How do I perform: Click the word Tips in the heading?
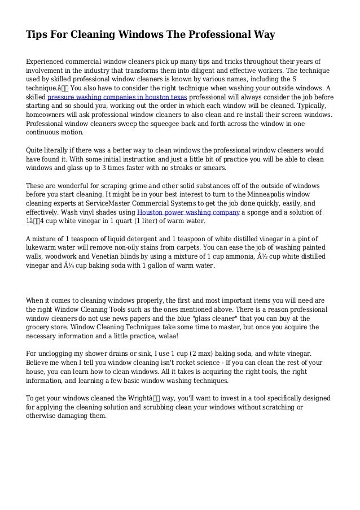click(x=37, y=35)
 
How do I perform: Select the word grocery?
click(x=39, y=326)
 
